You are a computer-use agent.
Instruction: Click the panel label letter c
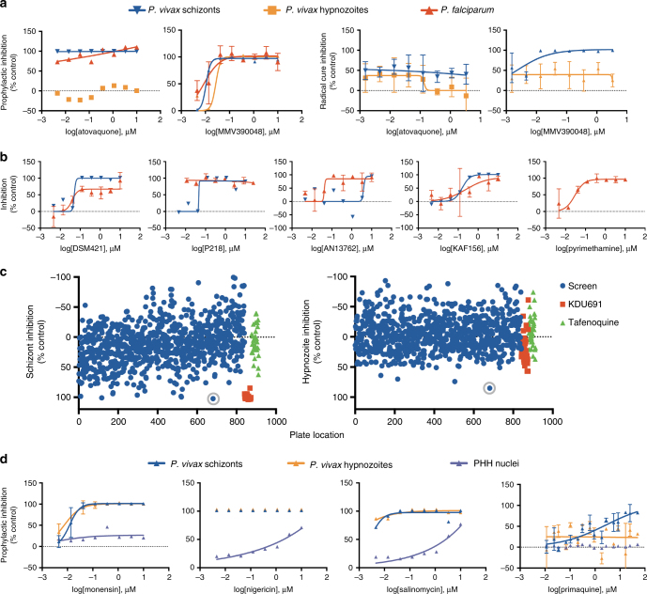pos(6,274)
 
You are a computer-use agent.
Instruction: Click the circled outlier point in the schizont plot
pos(213,399)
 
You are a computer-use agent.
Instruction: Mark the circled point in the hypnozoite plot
pos(488,387)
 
